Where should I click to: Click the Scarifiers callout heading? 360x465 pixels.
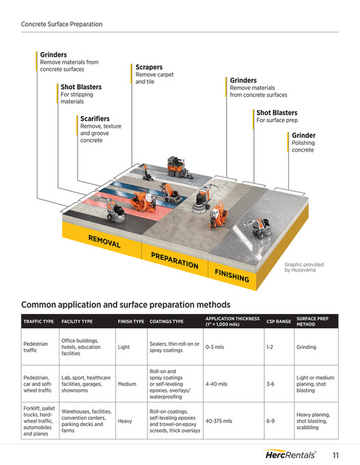pos(95,119)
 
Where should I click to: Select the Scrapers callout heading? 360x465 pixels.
pos(149,68)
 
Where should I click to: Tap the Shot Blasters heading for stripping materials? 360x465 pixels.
pos(81,87)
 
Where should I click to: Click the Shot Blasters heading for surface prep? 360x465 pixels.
pos(277,113)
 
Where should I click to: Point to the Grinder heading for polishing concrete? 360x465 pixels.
pos(303,135)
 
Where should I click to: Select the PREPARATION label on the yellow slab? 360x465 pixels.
pos(174,259)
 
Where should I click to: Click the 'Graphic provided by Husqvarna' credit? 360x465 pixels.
pos(304,267)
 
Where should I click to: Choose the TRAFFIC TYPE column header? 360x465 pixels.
pos(38,321)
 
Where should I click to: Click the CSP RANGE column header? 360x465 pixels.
pos(278,321)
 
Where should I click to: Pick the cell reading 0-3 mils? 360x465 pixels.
pos(215,347)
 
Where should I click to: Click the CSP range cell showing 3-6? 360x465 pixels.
pos(270,384)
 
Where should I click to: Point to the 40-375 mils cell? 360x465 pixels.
pos(219,421)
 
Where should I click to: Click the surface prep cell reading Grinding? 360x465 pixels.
pos(306,347)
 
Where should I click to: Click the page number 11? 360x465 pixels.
pos(336,455)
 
